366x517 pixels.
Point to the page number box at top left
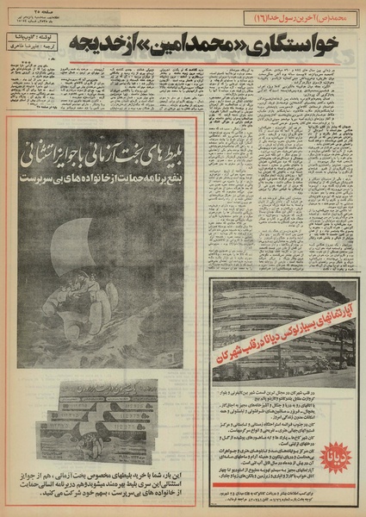(x=34, y=8)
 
